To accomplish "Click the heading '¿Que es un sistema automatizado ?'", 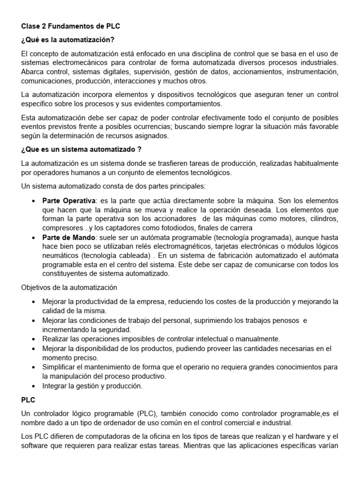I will pos(81,150).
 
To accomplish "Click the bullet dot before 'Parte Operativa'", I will pos(34,201).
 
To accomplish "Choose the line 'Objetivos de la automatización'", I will pos(69,287).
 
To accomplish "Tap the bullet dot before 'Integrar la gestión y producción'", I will pos(34,386).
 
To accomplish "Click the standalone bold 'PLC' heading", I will pos(28,401).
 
